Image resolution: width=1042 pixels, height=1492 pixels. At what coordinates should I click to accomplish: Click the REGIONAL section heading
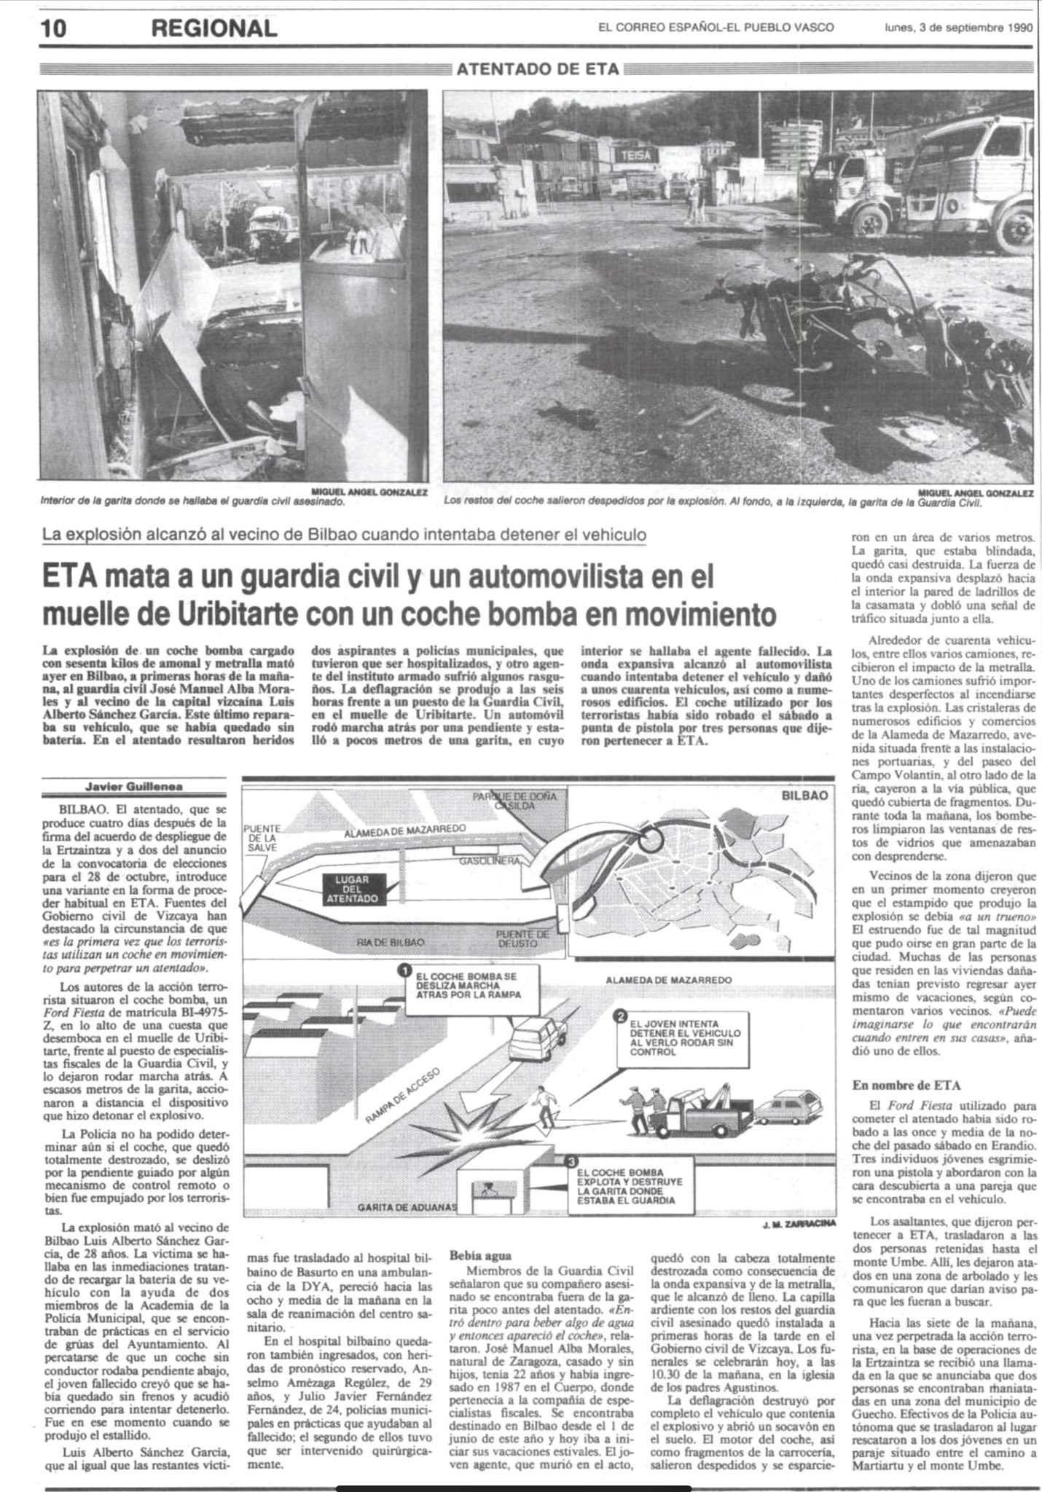[214, 28]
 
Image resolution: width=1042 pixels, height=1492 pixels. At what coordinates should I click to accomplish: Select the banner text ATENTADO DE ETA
[538, 69]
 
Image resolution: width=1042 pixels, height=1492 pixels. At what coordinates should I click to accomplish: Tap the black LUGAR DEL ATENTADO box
[356, 890]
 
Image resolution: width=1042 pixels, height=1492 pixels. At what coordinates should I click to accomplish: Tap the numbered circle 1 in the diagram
[402, 970]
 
